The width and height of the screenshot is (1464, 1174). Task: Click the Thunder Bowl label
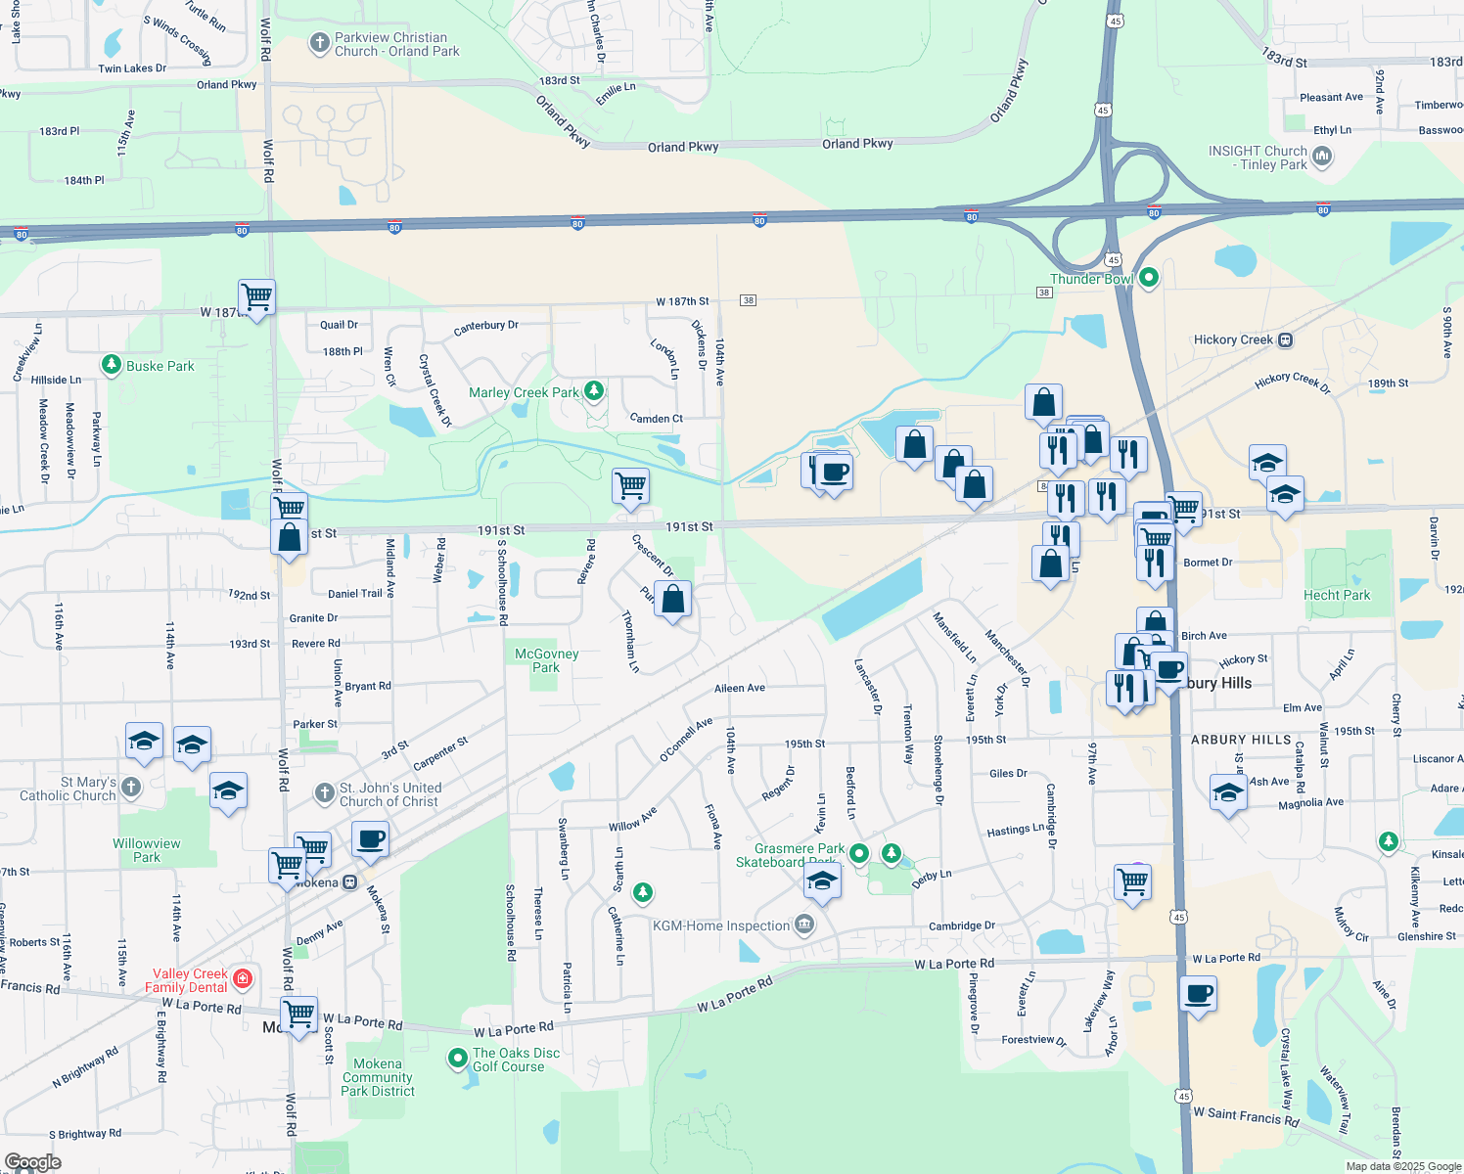pos(1091,279)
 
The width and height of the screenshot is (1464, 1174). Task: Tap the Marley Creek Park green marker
pos(594,391)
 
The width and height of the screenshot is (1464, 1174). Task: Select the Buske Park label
pos(160,366)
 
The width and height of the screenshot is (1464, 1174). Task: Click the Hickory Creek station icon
pos(1286,340)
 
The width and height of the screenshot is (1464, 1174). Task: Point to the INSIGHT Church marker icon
pos(1322,157)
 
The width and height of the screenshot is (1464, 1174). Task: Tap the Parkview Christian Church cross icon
pos(319,43)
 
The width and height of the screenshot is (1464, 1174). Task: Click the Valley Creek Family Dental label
pos(189,980)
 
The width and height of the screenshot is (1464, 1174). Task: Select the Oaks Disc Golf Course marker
pos(457,1059)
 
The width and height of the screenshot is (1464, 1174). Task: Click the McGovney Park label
pos(547,660)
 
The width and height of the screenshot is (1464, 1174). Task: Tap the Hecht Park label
pos(1337,595)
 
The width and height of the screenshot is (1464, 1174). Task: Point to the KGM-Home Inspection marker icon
pos(803,925)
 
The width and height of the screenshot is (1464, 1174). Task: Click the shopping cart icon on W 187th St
pos(256,295)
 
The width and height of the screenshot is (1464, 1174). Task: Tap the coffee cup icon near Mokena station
pos(370,838)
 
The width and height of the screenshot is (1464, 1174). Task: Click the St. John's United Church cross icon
pos(325,793)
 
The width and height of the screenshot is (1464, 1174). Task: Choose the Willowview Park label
pos(147,850)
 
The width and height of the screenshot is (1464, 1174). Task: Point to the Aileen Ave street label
pos(740,688)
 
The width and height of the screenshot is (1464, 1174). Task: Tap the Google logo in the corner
pos(33,1162)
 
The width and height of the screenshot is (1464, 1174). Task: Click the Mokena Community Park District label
pos(378,1077)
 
